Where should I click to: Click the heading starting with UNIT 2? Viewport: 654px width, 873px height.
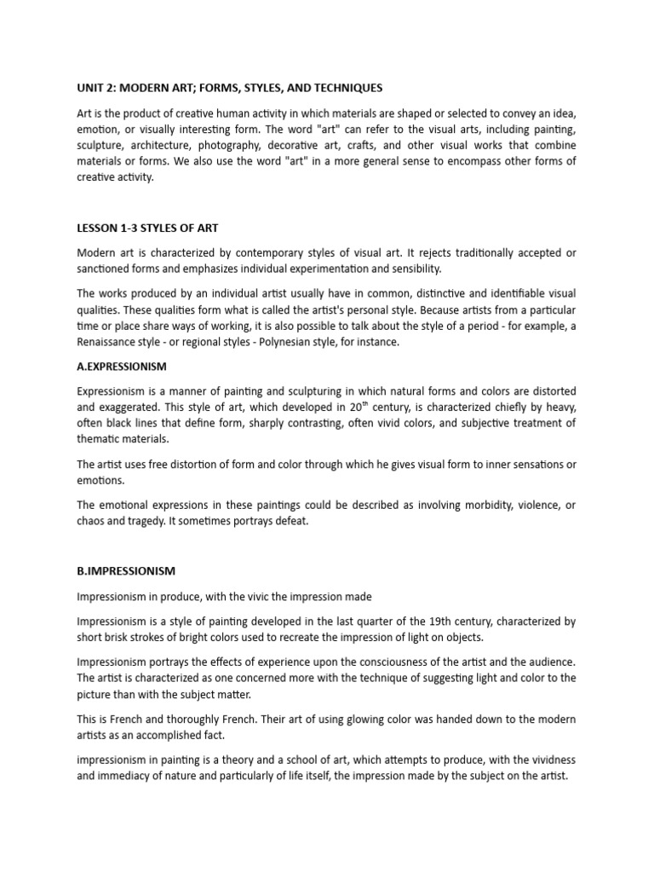click(x=230, y=88)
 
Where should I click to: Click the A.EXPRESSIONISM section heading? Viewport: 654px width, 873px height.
click(x=122, y=367)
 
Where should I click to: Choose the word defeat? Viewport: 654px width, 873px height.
click(x=289, y=522)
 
